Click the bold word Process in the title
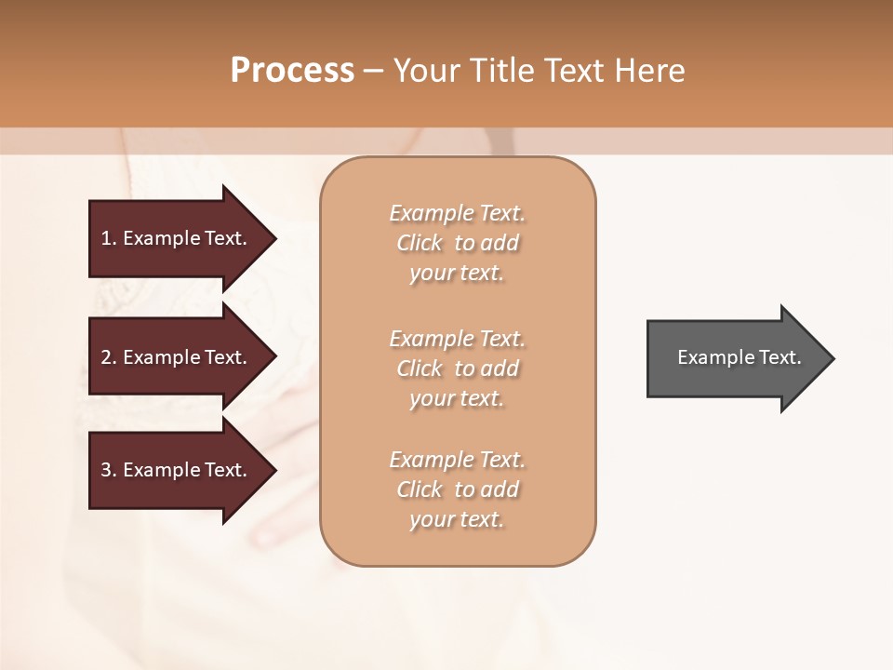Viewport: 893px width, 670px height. tap(292, 71)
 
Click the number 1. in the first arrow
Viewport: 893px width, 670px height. tap(109, 238)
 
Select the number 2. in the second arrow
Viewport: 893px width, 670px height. tap(109, 357)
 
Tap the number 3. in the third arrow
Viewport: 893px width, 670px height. tap(109, 470)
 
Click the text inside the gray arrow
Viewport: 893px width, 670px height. tap(740, 357)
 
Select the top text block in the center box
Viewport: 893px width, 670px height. tap(458, 243)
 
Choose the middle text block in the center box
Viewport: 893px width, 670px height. tap(458, 368)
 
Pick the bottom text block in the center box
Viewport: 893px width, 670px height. tap(458, 489)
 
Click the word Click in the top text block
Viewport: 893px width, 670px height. tap(420, 243)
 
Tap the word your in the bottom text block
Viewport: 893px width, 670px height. tap(430, 520)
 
